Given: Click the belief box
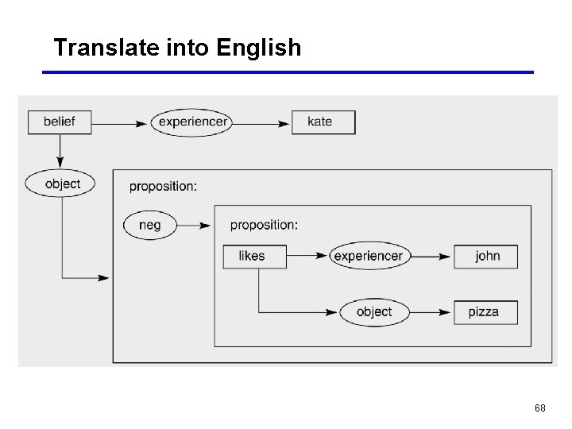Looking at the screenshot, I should tap(60, 122).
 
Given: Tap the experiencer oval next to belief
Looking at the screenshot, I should tap(192, 122).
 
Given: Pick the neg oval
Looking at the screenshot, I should tap(149, 225).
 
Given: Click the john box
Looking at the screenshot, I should tap(485, 256).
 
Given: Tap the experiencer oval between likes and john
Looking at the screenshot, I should tap(368, 256).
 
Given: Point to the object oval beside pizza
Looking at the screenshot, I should tap(373, 311).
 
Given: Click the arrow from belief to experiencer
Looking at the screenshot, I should tap(121, 122).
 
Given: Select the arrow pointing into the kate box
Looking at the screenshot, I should tap(261, 122).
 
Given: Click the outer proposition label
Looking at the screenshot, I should tap(163, 186).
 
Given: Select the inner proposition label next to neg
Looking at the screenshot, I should tap(264, 225).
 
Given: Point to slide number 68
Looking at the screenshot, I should tap(539, 408).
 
